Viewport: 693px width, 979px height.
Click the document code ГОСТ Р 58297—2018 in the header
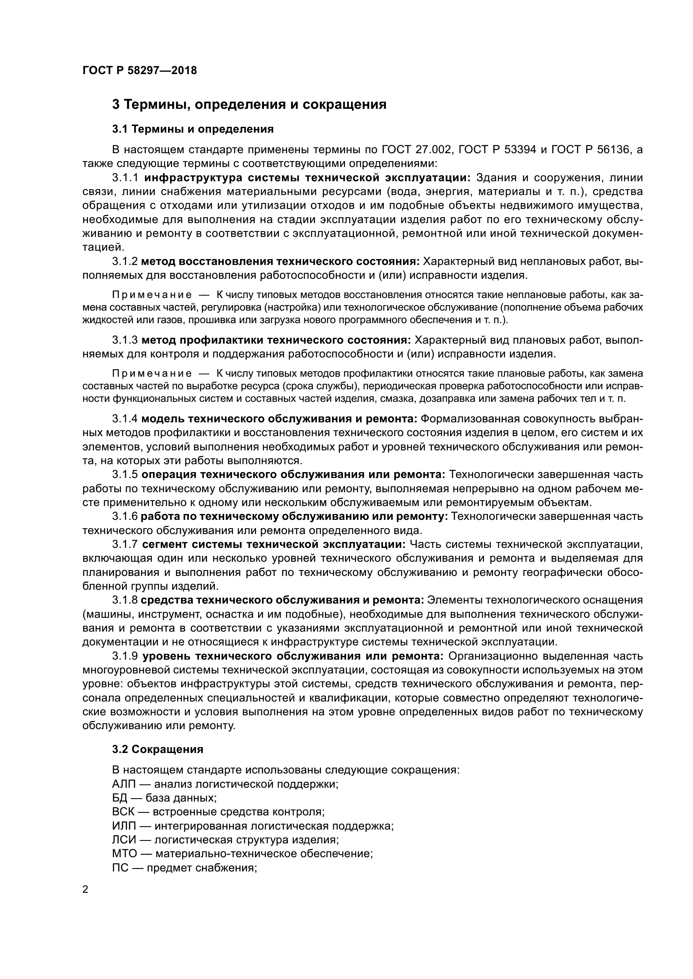[x=140, y=70]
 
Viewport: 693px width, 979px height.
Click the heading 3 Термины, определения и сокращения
[x=249, y=105]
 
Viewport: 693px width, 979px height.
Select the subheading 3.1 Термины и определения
[x=192, y=129]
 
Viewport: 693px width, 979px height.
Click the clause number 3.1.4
[x=124, y=419]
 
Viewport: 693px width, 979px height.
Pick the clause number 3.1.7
[x=125, y=545]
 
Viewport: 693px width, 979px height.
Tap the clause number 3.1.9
[x=125, y=656]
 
